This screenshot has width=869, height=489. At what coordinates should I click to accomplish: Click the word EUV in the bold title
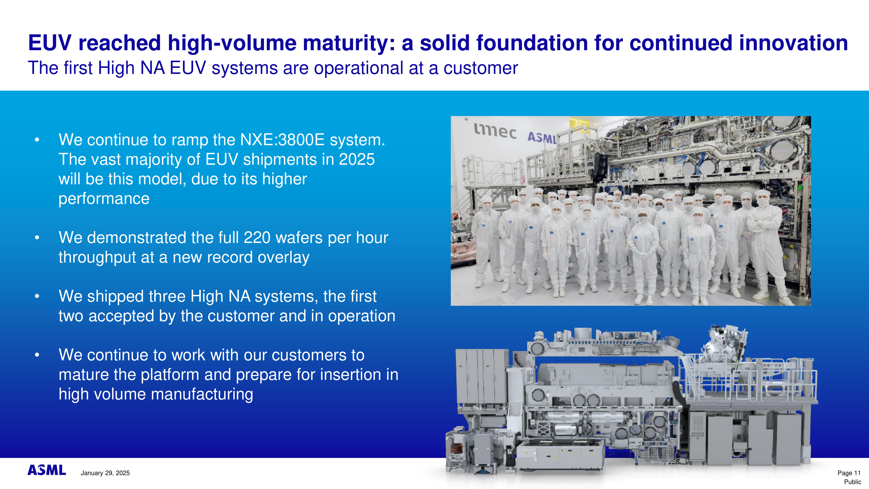[50, 43]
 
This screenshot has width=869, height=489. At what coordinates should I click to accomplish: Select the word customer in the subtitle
[481, 68]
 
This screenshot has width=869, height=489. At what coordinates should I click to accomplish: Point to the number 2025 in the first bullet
[357, 159]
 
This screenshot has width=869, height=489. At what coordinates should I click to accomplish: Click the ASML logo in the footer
[46, 470]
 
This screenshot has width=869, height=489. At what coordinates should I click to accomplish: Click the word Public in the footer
[852, 482]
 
